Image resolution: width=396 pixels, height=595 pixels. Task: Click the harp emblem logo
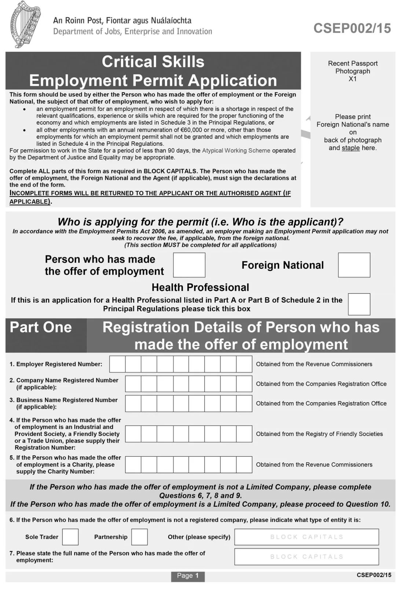pos(25,24)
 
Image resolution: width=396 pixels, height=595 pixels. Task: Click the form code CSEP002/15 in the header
pos(352,28)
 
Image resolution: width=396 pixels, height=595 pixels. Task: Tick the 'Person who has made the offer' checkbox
pos(189,265)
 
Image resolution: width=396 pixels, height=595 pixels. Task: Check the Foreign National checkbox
pos(354,265)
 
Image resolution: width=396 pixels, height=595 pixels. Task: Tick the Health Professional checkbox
pos(359,304)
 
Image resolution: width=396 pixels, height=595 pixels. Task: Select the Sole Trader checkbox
pos(70,537)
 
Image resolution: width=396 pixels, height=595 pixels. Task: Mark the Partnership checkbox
pos(139,537)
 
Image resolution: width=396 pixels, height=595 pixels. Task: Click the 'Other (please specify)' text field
pos(307,537)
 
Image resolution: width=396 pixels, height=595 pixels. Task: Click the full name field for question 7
pos(307,557)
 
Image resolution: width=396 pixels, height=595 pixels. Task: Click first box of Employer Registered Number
pos(117,364)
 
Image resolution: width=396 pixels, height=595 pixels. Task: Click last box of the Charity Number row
pos(244,464)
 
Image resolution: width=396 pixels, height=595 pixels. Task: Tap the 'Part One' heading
pos(41,327)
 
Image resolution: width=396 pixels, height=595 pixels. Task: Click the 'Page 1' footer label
pos(188,576)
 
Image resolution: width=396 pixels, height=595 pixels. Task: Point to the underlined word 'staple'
pos(351,148)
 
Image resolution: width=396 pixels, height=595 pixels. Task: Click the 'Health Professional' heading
pos(200,287)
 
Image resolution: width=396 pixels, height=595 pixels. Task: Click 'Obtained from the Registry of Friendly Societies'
pos(319,434)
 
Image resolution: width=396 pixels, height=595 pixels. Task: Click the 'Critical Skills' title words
pos(153,62)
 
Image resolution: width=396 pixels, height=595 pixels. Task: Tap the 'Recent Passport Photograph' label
pos(353,67)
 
